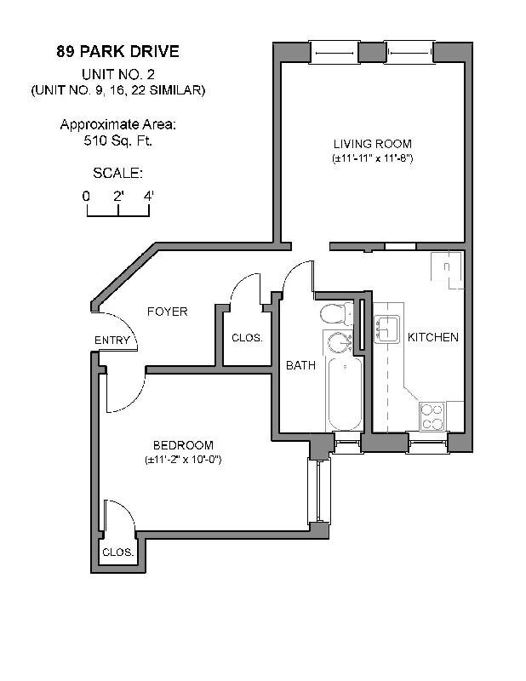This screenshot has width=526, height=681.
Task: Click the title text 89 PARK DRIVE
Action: tap(117, 51)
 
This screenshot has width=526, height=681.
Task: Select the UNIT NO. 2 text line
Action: tap(117, 73)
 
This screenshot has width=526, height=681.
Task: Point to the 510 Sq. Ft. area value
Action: tap(117, 141)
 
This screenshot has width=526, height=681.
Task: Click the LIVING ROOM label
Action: tap(373, 143)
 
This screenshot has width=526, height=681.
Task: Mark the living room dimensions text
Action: tap(373, 158)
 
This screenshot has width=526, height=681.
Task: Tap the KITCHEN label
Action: tap(433, 337)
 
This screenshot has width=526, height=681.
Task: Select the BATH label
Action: tap(300, 365)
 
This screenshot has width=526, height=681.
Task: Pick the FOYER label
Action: tap(167, 312)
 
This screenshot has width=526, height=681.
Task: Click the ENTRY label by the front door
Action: tap(112, 340)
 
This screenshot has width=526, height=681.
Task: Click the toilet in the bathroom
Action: tap(336, 316)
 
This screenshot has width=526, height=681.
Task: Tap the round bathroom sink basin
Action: tap(340, 344)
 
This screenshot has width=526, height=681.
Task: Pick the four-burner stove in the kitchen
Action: tap(432, 416)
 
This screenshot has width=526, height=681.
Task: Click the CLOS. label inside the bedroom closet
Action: tap(118, 552)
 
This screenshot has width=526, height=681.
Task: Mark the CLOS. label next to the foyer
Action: tap(247, 338)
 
